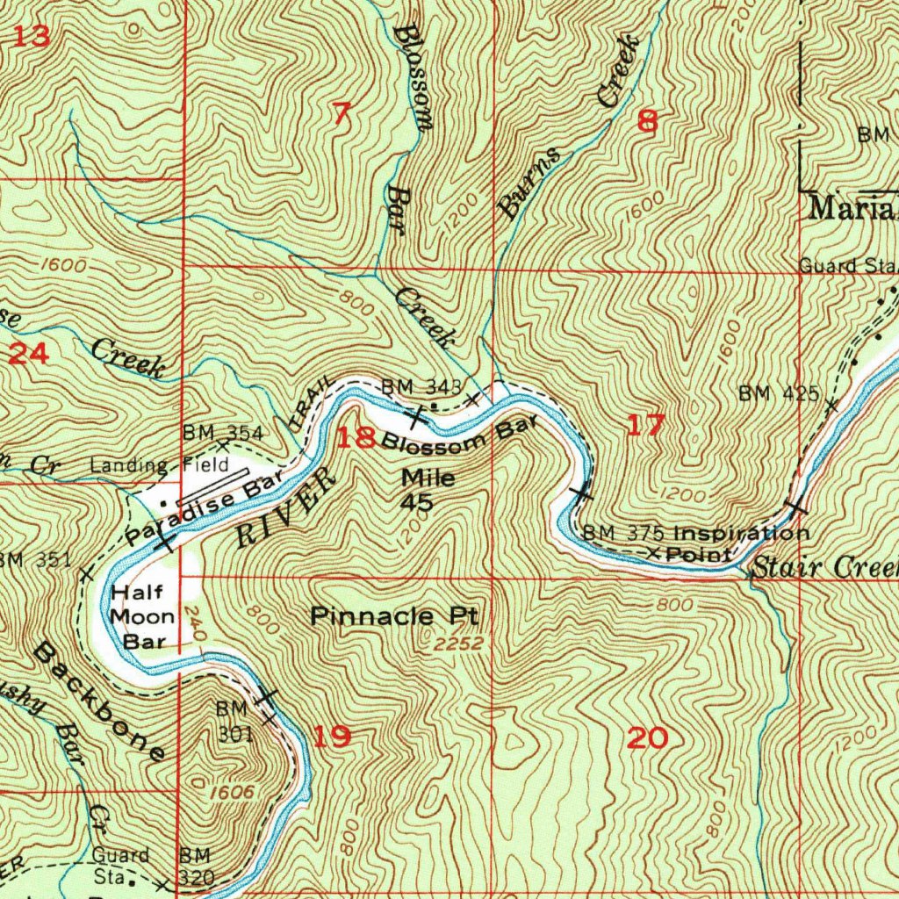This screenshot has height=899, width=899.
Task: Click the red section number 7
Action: coord(342,114)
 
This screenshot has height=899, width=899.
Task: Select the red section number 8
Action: coord(647,122)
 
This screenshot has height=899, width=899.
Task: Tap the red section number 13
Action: coord(32,37)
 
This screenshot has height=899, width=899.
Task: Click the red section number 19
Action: coord(332,737)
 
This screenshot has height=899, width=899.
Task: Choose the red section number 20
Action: coord(648,738)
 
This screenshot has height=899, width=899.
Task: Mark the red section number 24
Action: coord(27,355)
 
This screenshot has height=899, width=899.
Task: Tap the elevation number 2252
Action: coord(458,644)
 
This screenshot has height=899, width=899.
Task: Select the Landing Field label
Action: coord(169,465)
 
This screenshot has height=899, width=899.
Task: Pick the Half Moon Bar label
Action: coord(142,616)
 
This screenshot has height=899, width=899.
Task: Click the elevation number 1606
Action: coord(233,793)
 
